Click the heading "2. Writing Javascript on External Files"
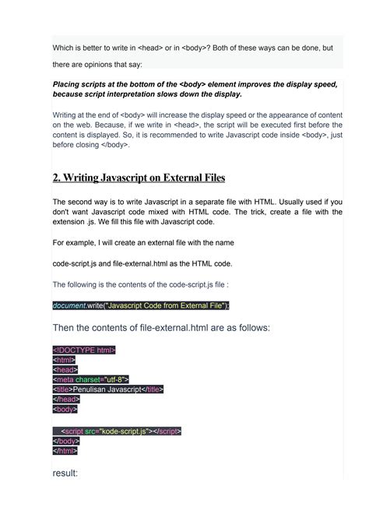pyautogui.click(x=139, y=178)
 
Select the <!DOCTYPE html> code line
pyautogui.click(x=84, y=350)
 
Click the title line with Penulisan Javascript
pyautogui.click(x=108, y=389)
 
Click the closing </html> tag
pyautogui.click(x=65, y=450)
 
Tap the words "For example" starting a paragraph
pyautogui.click(x=76, y=243)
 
